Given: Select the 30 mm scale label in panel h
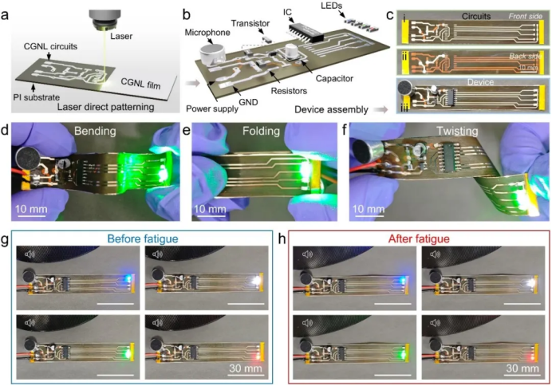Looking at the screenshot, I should [520, 371].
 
